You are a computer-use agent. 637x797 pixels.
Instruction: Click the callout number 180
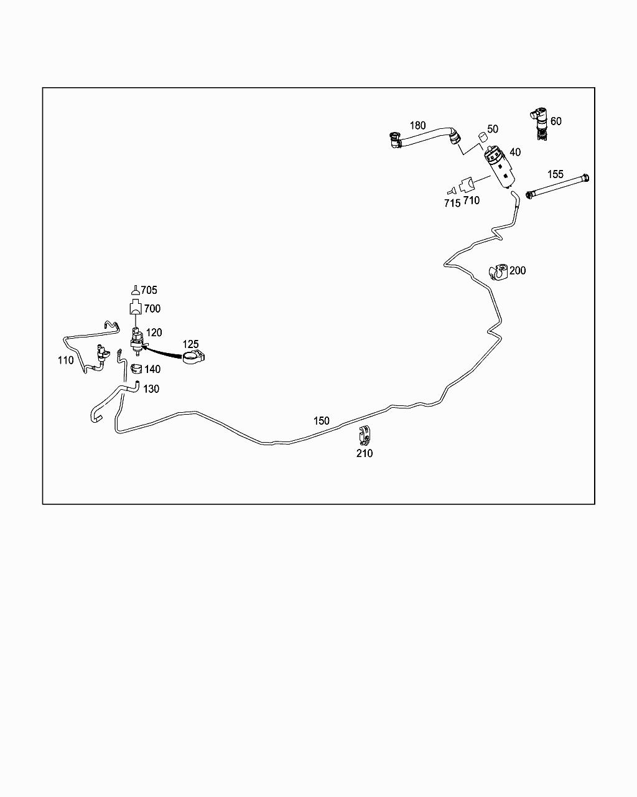coord(417,126)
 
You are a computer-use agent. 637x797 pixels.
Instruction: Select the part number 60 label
coord(556,121)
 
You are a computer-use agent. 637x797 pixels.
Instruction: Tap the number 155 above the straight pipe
coord(555,174)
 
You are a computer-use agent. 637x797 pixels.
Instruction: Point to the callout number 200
coord(518,270)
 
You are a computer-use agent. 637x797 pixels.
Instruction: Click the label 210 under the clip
coord(365,453)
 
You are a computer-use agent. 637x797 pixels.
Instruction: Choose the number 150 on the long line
coord(321,421)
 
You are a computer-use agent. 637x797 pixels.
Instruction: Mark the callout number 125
coord(190,344)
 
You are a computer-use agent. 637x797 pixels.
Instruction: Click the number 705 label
coord(149,290)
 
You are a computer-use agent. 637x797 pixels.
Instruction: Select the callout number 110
coord(65,360)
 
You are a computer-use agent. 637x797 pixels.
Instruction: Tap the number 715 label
coord(452,203)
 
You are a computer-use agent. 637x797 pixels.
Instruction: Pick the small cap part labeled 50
coord(481,137)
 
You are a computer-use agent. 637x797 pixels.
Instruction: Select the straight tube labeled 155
coord(557,187)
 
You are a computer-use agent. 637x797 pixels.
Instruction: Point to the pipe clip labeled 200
coord(498,272)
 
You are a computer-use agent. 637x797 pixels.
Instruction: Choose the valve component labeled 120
coord(136,339)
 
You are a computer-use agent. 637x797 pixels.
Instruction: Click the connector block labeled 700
coord(136,309)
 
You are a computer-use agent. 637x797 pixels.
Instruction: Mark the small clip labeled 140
coord(136,369)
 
